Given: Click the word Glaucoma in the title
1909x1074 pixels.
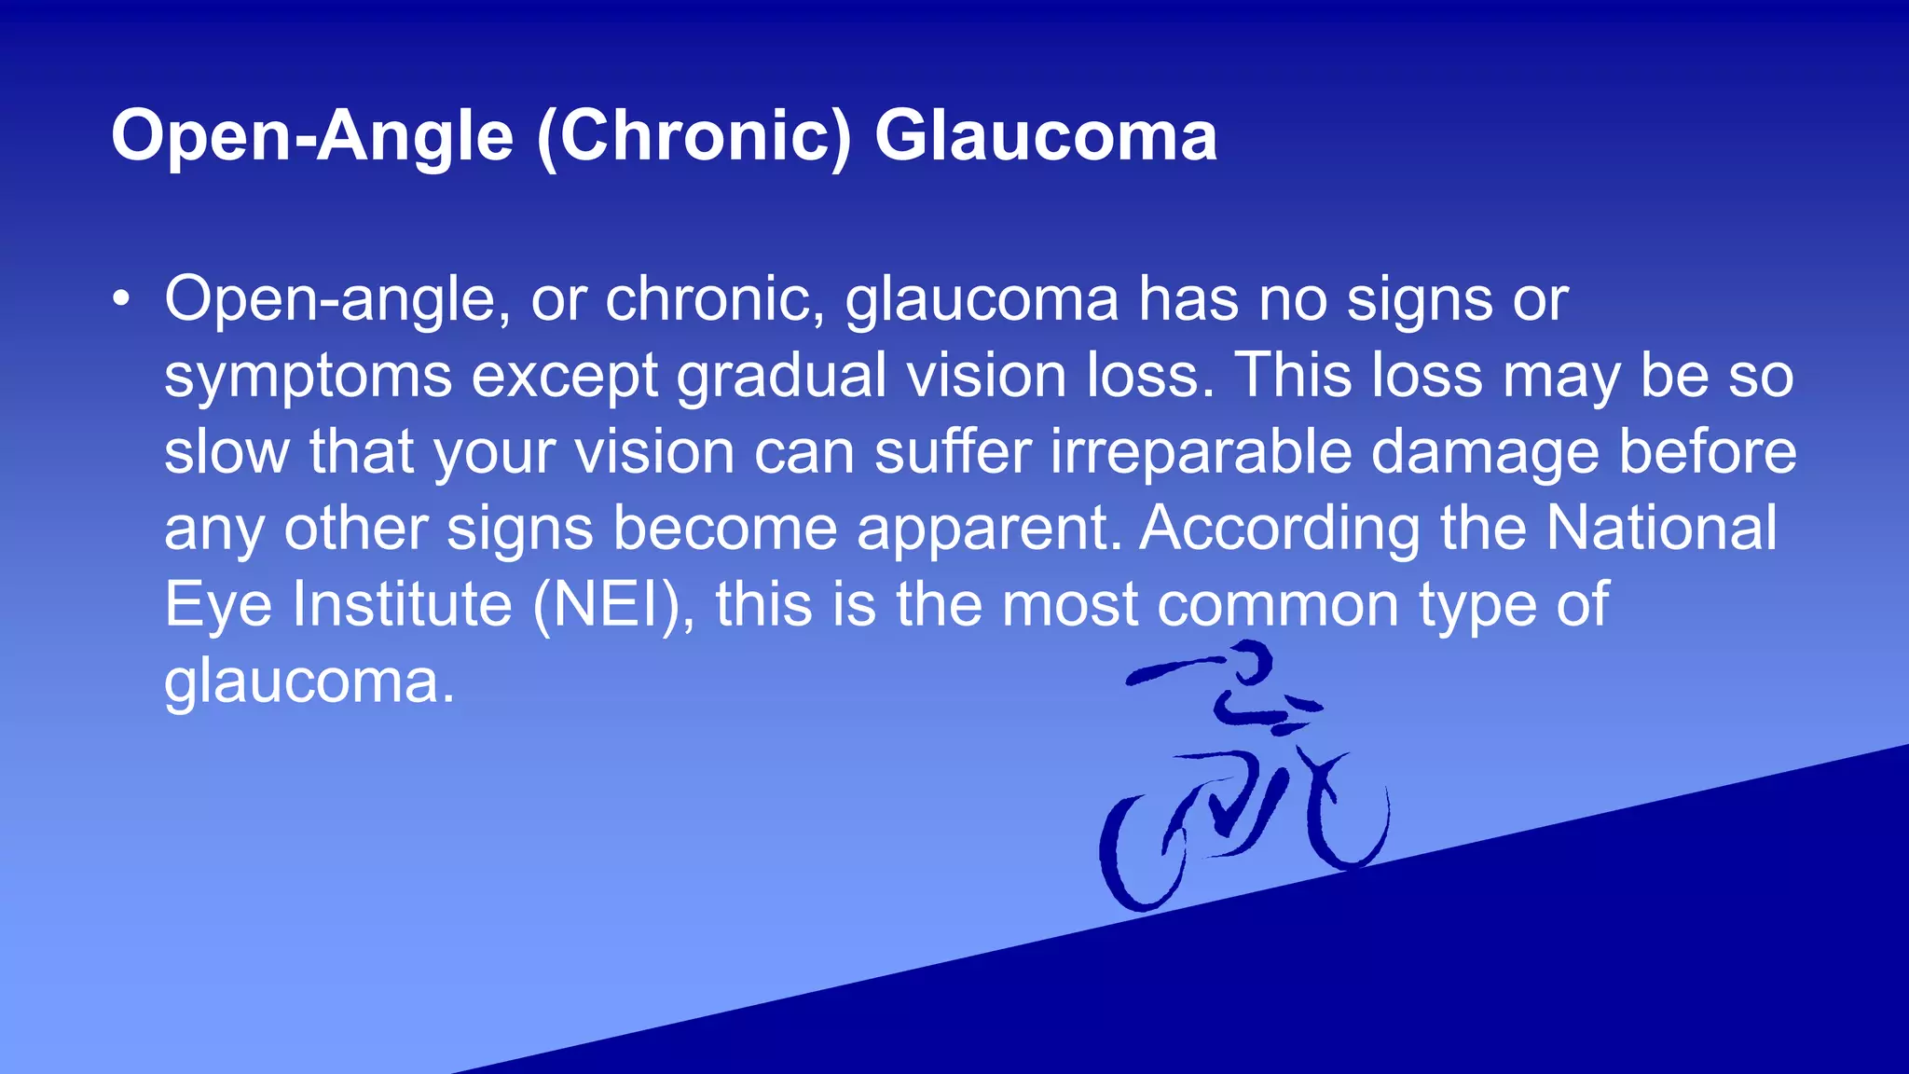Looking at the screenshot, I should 1045,136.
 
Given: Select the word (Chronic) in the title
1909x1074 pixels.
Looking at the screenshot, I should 694,136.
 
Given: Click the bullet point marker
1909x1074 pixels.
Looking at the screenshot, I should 120,300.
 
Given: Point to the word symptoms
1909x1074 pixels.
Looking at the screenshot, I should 308,378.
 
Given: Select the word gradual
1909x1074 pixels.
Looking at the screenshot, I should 781,376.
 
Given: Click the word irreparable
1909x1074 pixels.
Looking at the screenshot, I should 1201,452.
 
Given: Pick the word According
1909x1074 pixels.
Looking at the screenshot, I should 1279,529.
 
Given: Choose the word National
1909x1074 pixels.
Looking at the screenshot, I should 1661,528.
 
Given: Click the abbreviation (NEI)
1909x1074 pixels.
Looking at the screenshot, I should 612,605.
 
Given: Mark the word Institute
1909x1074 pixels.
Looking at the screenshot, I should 403,604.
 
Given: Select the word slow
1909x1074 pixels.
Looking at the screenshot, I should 227,452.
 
